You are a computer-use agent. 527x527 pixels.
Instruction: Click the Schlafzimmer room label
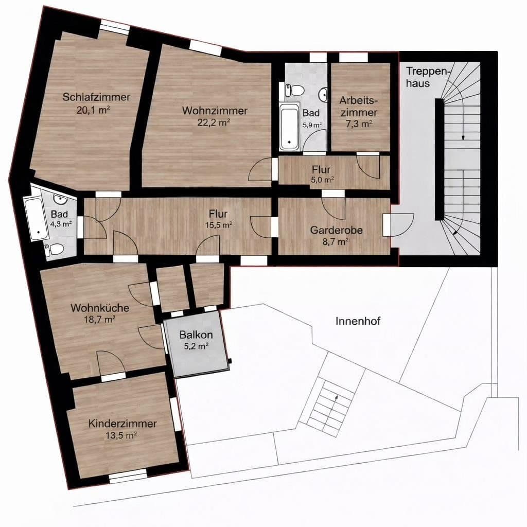click(96, 97)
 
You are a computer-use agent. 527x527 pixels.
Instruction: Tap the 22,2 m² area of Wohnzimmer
click(213, 122)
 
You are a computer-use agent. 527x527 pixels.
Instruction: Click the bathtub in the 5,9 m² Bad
click(289, 126)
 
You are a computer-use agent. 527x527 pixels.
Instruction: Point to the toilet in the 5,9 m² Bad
click(295, 90)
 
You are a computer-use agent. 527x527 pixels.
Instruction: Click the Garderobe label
click(337, 231)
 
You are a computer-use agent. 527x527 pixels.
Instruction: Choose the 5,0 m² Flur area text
click(323, 180)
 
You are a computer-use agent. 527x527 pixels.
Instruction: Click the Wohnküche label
click(100, 308)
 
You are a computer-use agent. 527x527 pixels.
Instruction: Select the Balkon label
click(196, 335)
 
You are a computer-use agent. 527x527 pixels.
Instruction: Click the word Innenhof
click(358, 321)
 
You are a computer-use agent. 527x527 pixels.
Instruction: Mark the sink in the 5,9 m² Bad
click(323, 94)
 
